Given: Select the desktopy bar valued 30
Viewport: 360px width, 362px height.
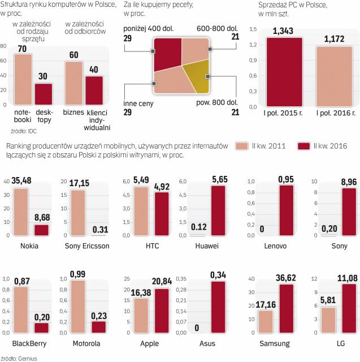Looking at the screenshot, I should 44,94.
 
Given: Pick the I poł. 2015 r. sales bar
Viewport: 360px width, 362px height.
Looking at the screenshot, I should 281,72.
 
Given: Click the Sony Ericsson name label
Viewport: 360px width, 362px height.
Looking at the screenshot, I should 81,247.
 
